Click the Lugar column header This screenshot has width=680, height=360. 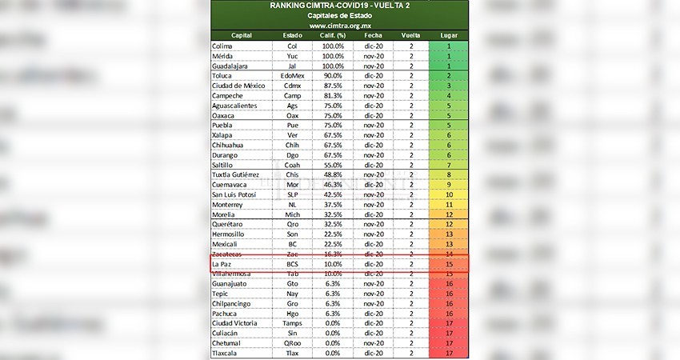point(449,36)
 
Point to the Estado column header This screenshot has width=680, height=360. point(293,36)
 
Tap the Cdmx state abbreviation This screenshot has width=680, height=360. point(293,86)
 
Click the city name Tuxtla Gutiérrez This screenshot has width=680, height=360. point(239,174)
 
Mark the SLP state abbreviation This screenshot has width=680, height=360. point(293,194)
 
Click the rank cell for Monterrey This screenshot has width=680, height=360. point(449,203)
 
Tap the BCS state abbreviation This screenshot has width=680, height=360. point(293,262)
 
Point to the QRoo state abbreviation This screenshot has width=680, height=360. point(293,342)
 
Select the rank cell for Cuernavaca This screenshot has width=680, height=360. point(449,184)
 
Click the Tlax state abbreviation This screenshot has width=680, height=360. point(293,353)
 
